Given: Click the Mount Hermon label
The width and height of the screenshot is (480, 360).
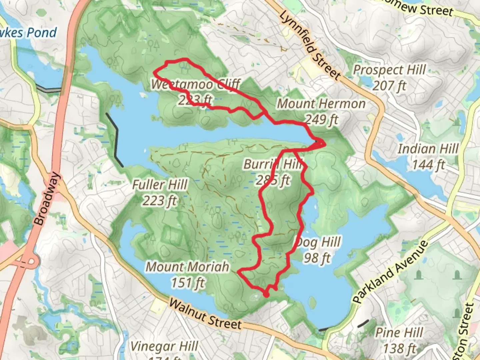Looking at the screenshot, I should click(x=321, y=104).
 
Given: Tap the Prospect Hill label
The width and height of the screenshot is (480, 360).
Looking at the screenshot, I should click(x=389, y=70).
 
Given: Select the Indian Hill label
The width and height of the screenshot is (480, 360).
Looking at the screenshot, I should click(x=428, y=149).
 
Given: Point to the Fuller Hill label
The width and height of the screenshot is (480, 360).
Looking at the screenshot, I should click(x=160, y=185).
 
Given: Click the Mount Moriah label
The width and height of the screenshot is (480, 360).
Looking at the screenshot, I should click(x=188, y=267).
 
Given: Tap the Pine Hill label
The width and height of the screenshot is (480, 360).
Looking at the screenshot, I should click(x=399, y=333).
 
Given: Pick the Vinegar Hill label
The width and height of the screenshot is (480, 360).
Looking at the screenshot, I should click(x=164, y=347).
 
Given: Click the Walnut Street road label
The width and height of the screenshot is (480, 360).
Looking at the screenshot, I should click(x=205, y=314).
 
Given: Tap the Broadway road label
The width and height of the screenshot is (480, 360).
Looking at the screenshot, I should click(x=47, y=199).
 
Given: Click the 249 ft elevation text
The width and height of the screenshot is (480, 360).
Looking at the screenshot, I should click(x=322, y=119).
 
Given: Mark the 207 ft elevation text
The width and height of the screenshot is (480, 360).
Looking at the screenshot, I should click(x=389, y=86).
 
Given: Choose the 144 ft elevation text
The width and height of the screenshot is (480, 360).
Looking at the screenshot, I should click(x=428, y=164).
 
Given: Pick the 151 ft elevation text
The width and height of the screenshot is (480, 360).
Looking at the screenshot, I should click(x=188, y=283).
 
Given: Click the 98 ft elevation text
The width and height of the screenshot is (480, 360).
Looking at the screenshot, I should click(x=317, y=258).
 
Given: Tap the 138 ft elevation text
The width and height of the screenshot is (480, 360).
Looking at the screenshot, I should click(x=399, y=348).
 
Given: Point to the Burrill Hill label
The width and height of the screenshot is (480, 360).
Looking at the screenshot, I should click(x=273, y=164).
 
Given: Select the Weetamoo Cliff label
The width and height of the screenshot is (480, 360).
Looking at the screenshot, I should click(x=195, y=84).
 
